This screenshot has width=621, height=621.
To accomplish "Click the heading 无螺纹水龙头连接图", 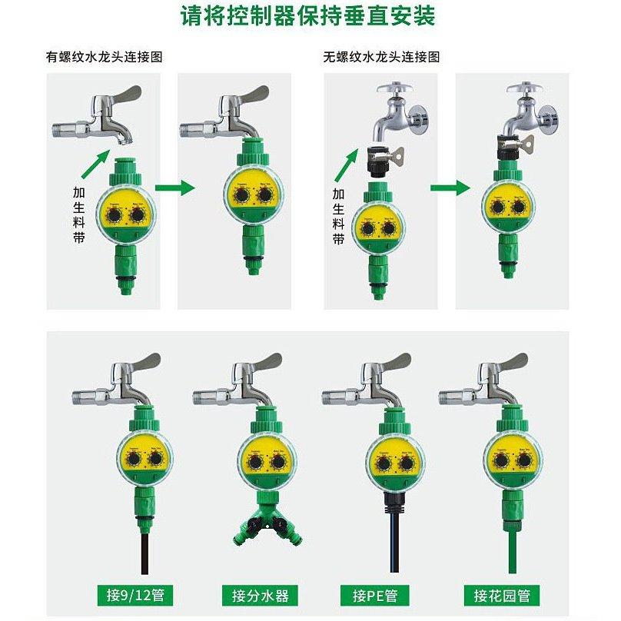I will coord(381,58).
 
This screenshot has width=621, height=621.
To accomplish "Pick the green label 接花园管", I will coord(502,594).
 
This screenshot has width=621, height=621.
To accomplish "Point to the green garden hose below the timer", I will coord(513,550).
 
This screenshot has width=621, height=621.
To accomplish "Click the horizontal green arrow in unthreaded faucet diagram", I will coord(449,187).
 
